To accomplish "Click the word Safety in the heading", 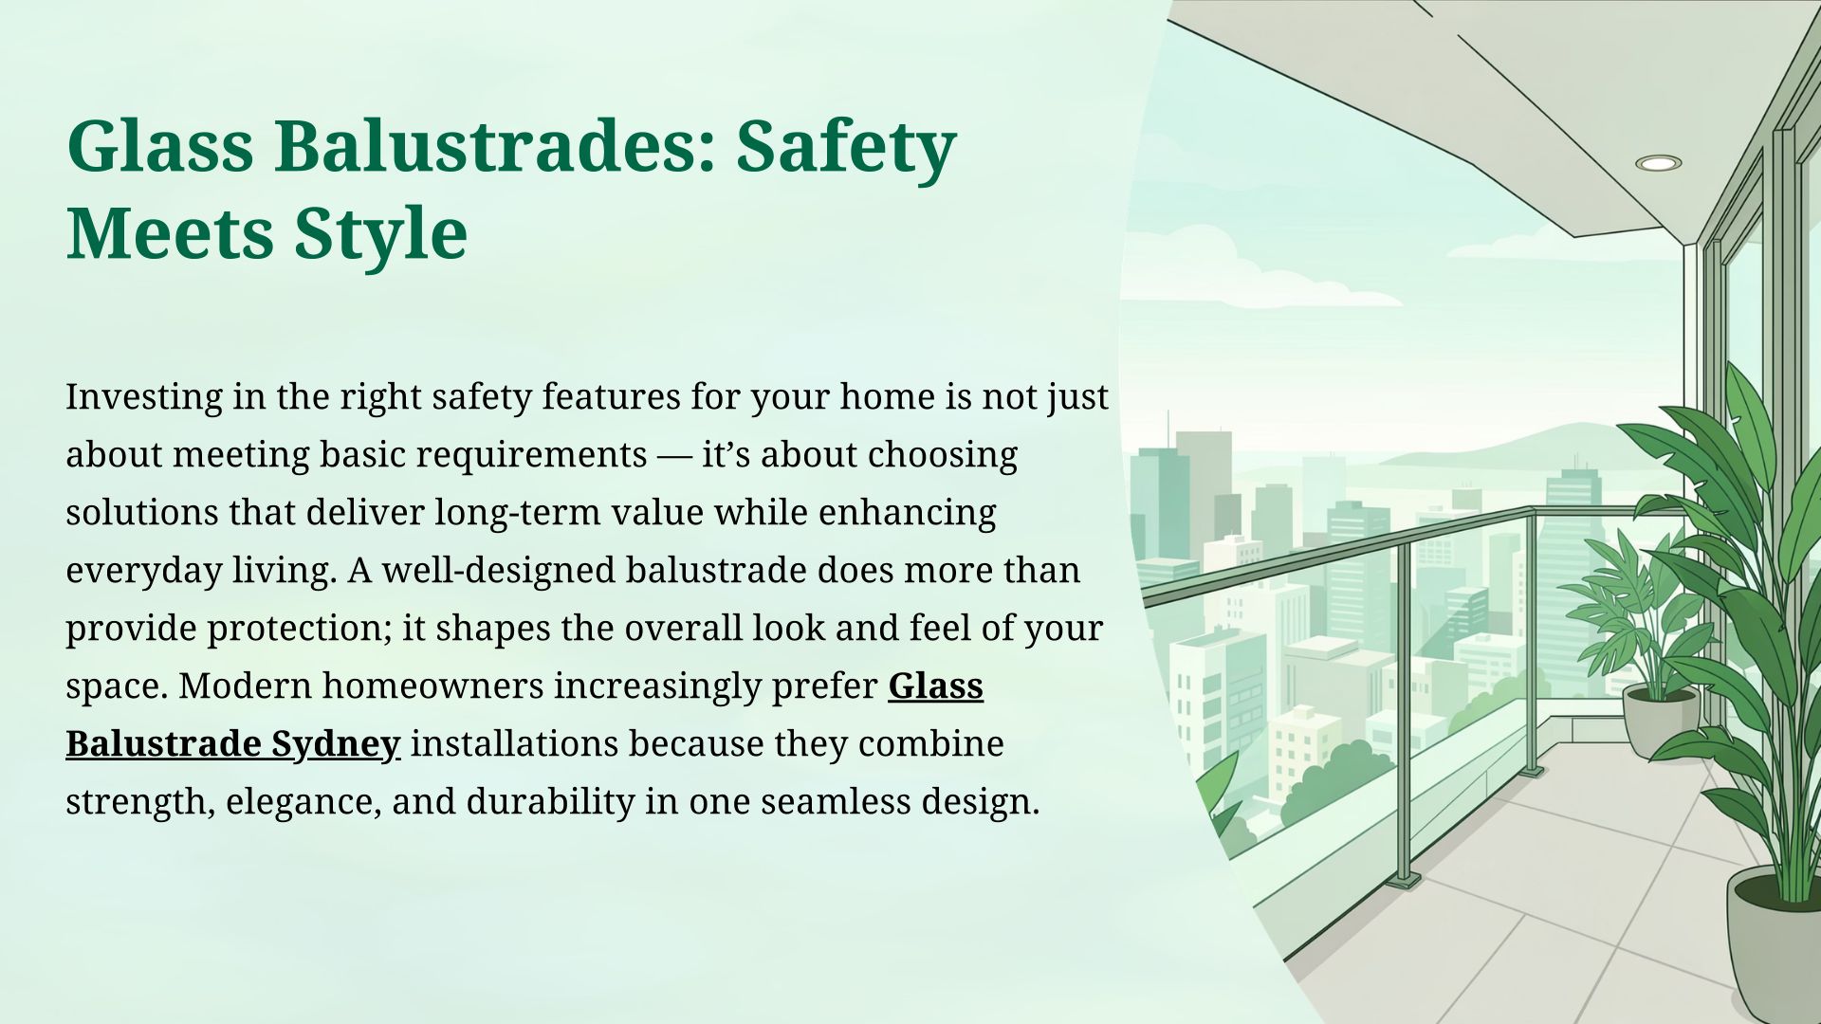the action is click(x=846, y=148).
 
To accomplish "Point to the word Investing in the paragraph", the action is click(x=143, y=397).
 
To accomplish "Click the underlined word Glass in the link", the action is click(x=935, y=686).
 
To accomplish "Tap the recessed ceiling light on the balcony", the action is click(x=1658, y=163).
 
